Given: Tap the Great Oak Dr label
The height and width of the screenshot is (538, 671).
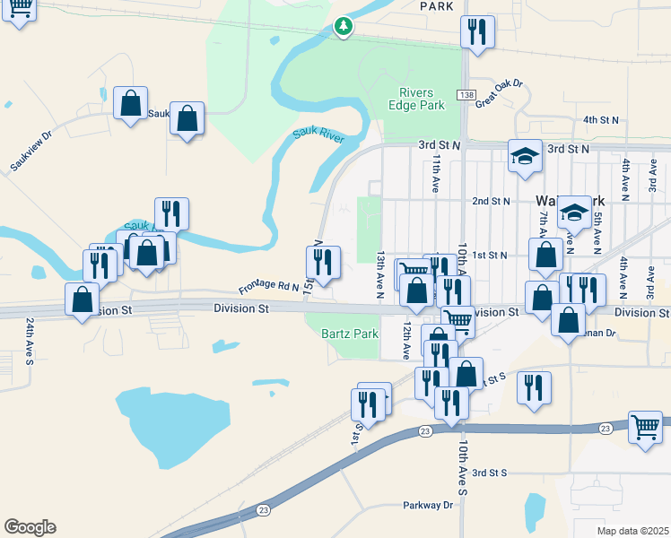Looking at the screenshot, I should pyautogui.click(x=499, y=94).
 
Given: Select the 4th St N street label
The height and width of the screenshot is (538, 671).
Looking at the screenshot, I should pyautogui.click(x=601, y=119).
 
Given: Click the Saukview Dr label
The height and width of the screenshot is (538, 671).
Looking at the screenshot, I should pyautogui.click(x=32, y=154).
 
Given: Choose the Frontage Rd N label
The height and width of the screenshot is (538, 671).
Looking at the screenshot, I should pyautogui.click(x=267, y=286).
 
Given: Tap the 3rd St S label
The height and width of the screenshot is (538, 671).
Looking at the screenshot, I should pyautogui.click(x=490, y=472).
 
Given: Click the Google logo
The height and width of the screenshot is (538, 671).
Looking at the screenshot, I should pyautogui.click(x=30, y=527).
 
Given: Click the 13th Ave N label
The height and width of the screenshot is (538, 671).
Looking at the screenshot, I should pyautogui.click(x=380, y=269).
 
